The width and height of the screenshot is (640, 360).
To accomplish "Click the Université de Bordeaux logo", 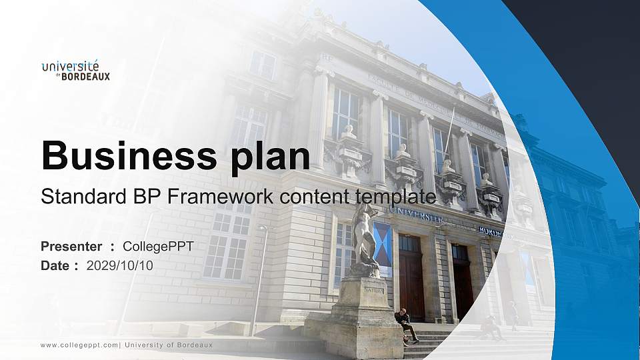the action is pyautogui.click(x=75, y=71).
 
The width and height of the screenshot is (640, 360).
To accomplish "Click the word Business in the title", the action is pyautogui.click(x=129, y=155).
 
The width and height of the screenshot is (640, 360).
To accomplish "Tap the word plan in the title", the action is pyautogui.click(x=270, y=158).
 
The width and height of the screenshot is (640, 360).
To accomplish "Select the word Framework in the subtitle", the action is pyautogui.click(x=219, y=196).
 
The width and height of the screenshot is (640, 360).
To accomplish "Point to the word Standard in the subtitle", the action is pyautogui.click(x=84, y=196).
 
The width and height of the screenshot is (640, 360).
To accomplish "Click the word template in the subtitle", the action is pyautogui.click(x=395, y=197).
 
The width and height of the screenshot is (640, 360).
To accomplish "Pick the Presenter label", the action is pyautogui.click(x=71, y=247).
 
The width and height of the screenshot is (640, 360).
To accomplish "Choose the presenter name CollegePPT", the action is pyautogui.click(x=158, y=247).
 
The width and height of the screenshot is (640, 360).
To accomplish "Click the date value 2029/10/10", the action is pyautogui.click(x=119, y=266).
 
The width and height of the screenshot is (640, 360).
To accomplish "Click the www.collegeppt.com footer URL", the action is pyautogui.click(x=79, y=345).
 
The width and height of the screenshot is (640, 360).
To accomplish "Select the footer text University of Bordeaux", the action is pyautogui.click(x=169, y=345).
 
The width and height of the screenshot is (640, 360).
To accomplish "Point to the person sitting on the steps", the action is pyautogui.click(x=405, y=325).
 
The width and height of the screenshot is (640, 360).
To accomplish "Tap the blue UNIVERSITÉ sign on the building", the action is pyautogui.click(x=415, y=216).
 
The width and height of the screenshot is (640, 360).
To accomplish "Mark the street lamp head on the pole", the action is pyautogui.click(x=263, y=228).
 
